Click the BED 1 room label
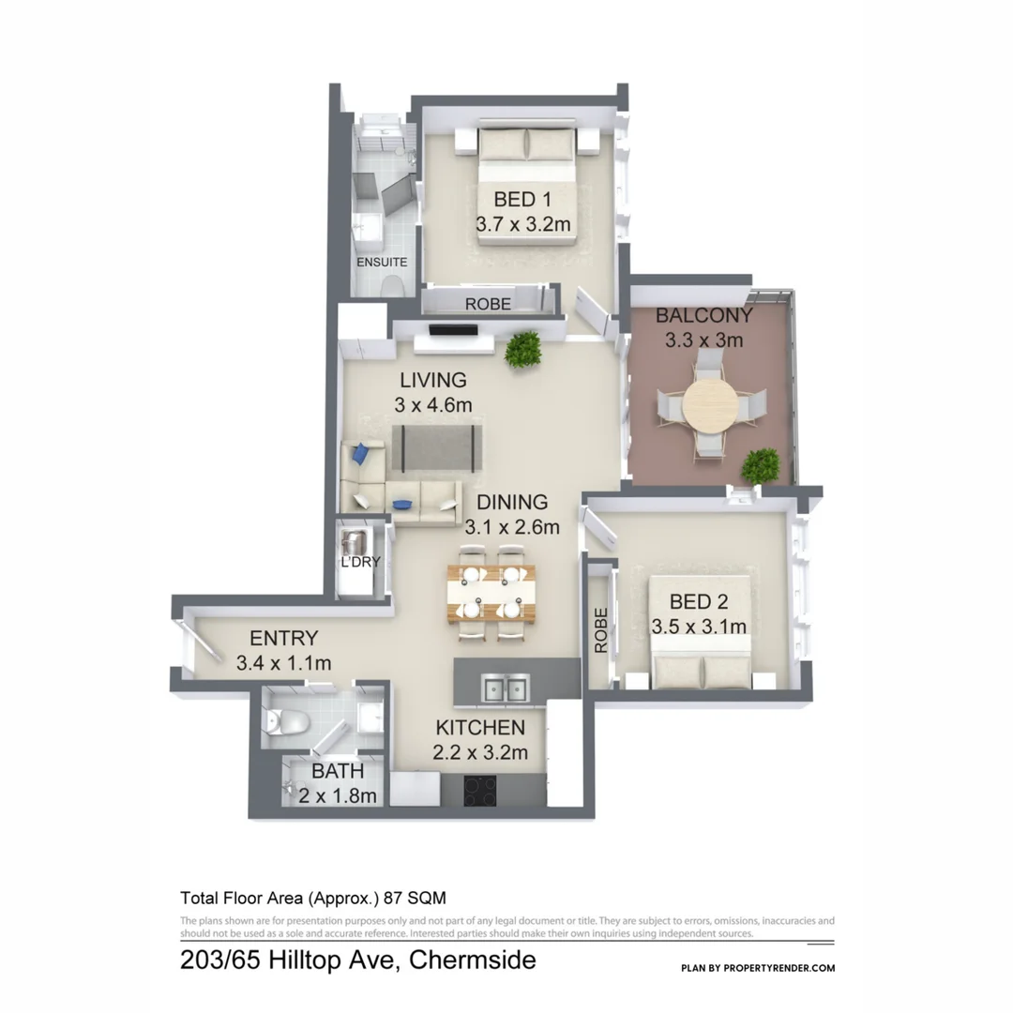522,199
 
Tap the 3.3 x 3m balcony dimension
703,340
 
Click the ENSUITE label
382,262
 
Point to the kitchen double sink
506,689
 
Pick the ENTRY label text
284,639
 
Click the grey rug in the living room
437,447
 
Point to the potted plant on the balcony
761,464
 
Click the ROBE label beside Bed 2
600,630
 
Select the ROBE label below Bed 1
488,304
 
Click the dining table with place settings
491,594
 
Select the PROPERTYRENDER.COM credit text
781,968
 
